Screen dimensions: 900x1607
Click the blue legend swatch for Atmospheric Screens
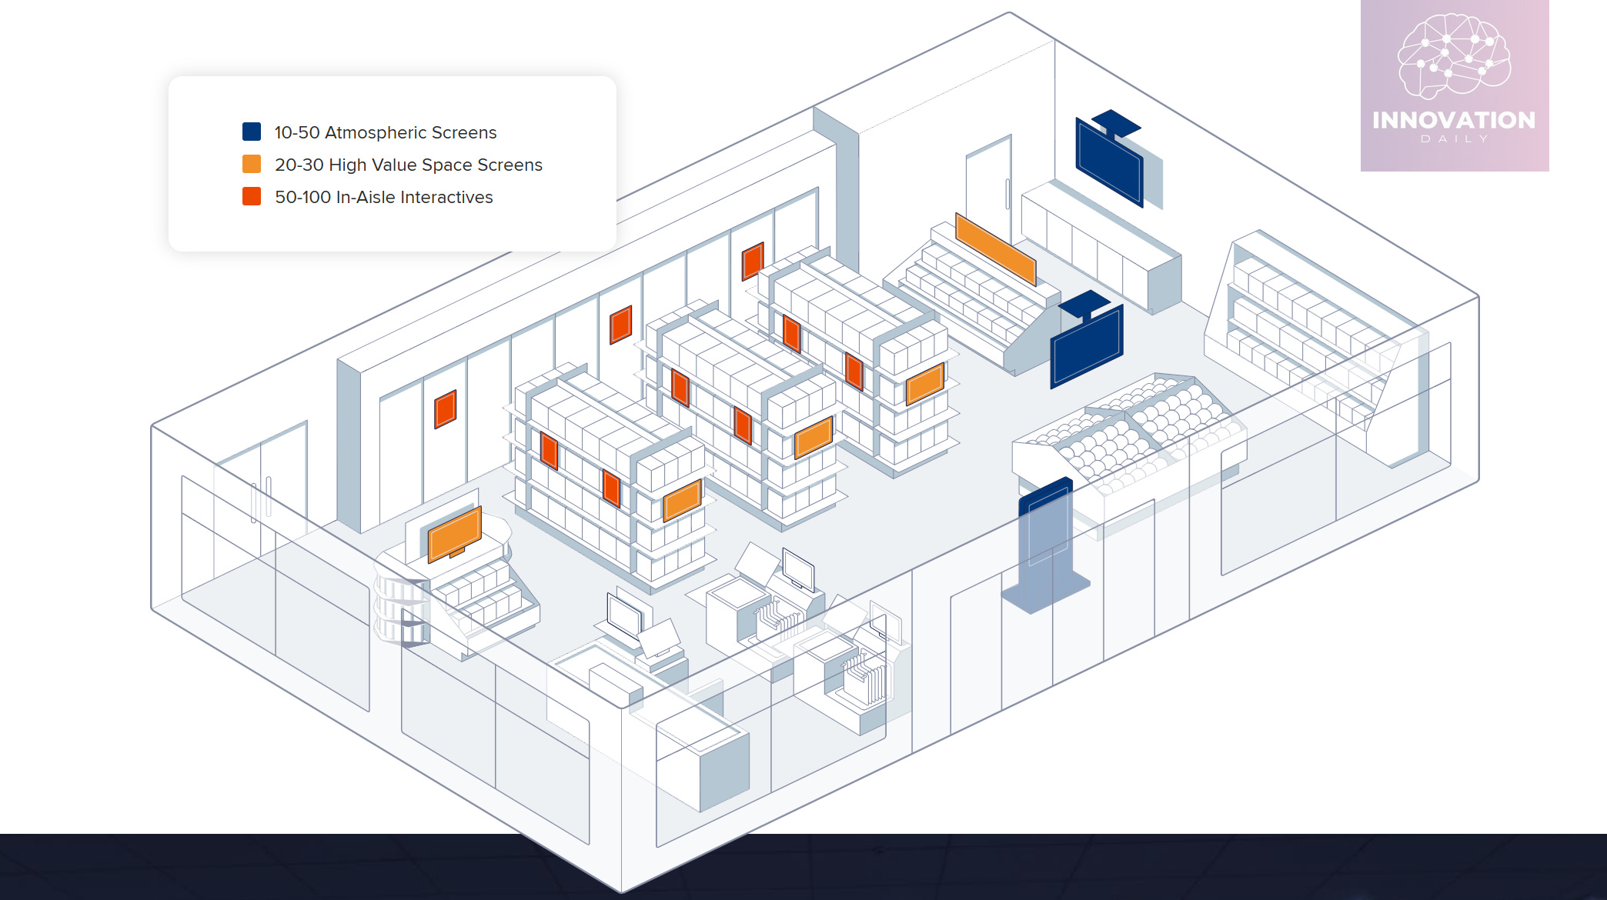(252, 132)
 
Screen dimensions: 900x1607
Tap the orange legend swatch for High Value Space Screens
(252, 164)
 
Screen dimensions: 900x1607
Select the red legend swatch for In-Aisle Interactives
(252, 196)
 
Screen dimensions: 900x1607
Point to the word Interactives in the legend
(446, 197)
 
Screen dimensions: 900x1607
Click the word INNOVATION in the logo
(1454, 120)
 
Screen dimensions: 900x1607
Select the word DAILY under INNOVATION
(1454, 139)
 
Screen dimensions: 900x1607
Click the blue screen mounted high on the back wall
(1109, 161)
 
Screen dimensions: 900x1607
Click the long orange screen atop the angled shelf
(995, 248)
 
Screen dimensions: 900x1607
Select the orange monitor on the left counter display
(455, 533)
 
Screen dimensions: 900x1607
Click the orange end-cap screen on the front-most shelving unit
(683, 500)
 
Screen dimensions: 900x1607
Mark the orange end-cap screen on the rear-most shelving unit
(924, 383)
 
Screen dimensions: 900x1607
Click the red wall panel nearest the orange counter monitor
(446, 408)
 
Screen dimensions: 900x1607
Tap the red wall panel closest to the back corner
(753, 261)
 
